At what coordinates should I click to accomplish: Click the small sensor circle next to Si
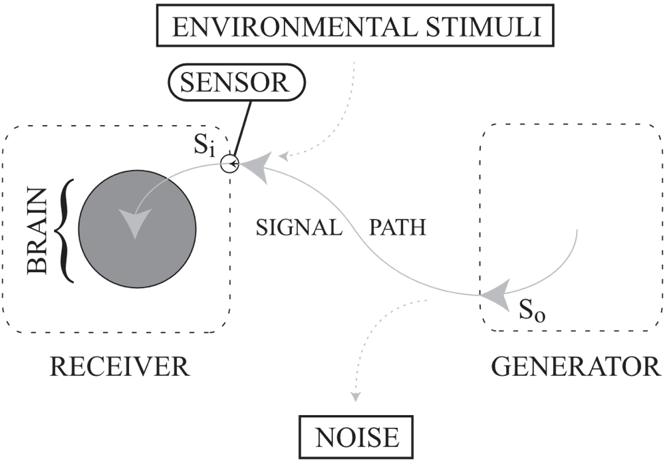(x=229, y=163)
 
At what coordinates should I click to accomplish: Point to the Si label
(x=204, y=146)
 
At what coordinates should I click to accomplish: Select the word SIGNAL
(x=299, y=228)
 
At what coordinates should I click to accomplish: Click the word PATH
(x=397, y=228)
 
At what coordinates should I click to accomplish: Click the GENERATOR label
(x=576, y=367)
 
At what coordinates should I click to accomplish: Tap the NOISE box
(x=357, y=438)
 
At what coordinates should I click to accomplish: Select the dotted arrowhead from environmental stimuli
(x=284, y=158)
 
